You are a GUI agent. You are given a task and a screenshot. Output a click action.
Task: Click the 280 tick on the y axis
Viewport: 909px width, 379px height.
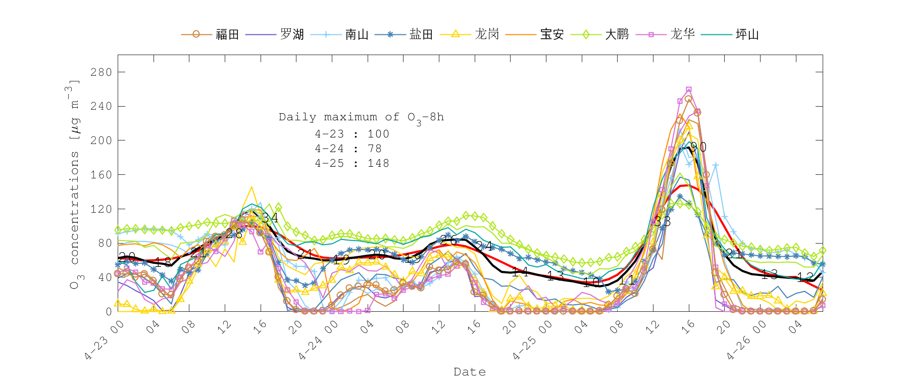coord(101,72)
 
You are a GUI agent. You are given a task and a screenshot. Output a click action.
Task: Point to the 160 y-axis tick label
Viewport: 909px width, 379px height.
coord(101,175)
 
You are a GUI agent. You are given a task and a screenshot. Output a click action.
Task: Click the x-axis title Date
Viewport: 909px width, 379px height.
coord(470,372)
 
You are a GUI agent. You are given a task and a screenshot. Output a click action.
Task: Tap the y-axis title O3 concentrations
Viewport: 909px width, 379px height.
coord(74,184)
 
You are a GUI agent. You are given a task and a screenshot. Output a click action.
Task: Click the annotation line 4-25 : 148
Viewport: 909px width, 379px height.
coord(352,163)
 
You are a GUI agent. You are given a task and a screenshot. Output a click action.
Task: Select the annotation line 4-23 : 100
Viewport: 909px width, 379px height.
coord(352,134)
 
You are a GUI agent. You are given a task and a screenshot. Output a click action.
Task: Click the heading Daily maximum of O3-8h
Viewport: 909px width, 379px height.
coord(361,117)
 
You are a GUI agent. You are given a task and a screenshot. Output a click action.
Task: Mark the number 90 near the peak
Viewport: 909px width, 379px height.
coord(698,147)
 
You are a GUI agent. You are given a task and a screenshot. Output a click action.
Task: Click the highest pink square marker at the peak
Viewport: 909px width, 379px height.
coord(689,89)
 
